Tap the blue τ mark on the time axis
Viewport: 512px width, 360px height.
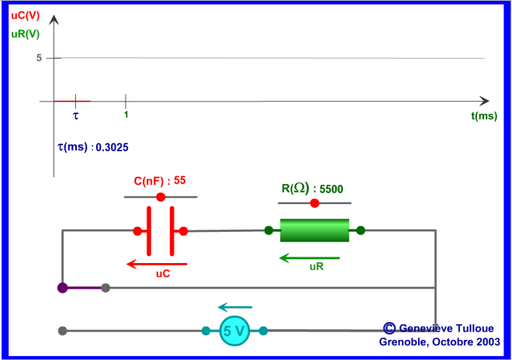(75, 114)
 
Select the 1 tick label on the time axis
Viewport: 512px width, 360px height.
(126, 115)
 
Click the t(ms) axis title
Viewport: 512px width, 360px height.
(483, 116)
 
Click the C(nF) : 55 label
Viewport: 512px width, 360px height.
(160, 181)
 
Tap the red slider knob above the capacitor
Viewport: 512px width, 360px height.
(161, 197)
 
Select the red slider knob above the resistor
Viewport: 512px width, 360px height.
(314, 203)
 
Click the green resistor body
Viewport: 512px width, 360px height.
(314, 230)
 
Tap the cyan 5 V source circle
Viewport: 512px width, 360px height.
(234, 331)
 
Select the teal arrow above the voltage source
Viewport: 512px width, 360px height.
(234, 307)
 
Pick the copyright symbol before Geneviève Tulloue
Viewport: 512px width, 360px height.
(389, 329)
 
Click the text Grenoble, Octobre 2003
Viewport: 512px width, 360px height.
(439, 341)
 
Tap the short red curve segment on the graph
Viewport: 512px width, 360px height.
(72, 101)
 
